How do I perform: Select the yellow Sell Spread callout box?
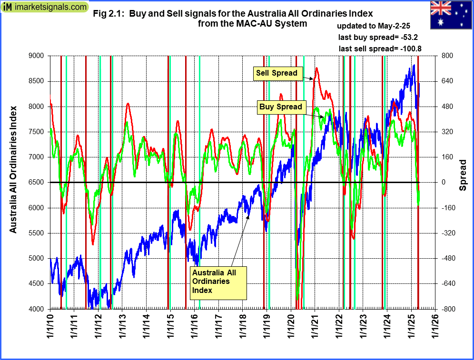[276, 73]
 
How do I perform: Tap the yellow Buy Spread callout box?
[281, 107]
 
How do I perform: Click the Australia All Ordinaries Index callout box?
[218, 282]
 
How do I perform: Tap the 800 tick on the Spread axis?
[446, 56]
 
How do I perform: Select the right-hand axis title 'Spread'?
[463, 175]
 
